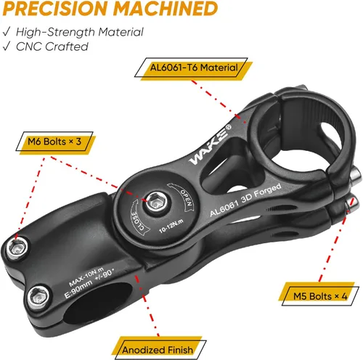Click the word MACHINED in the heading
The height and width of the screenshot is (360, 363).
click(166, 9)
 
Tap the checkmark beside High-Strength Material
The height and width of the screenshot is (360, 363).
click(7, 32)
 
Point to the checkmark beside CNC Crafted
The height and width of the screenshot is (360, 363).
click(7, 46)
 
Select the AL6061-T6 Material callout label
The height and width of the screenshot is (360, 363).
click(194, 67)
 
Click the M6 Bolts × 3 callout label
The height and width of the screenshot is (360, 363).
click(55, 142)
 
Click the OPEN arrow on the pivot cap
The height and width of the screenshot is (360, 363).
click(182, 197)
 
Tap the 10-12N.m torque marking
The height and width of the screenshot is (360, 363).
click(171, 226)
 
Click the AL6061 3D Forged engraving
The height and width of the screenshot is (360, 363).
click(245, 200)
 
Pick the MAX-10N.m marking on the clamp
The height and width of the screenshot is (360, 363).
click(86, 277)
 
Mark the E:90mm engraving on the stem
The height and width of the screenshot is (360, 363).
click(78, 289)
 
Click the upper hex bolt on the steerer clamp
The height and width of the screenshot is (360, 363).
click(17, 248)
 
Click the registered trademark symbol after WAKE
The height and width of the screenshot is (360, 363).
click(228, 127)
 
